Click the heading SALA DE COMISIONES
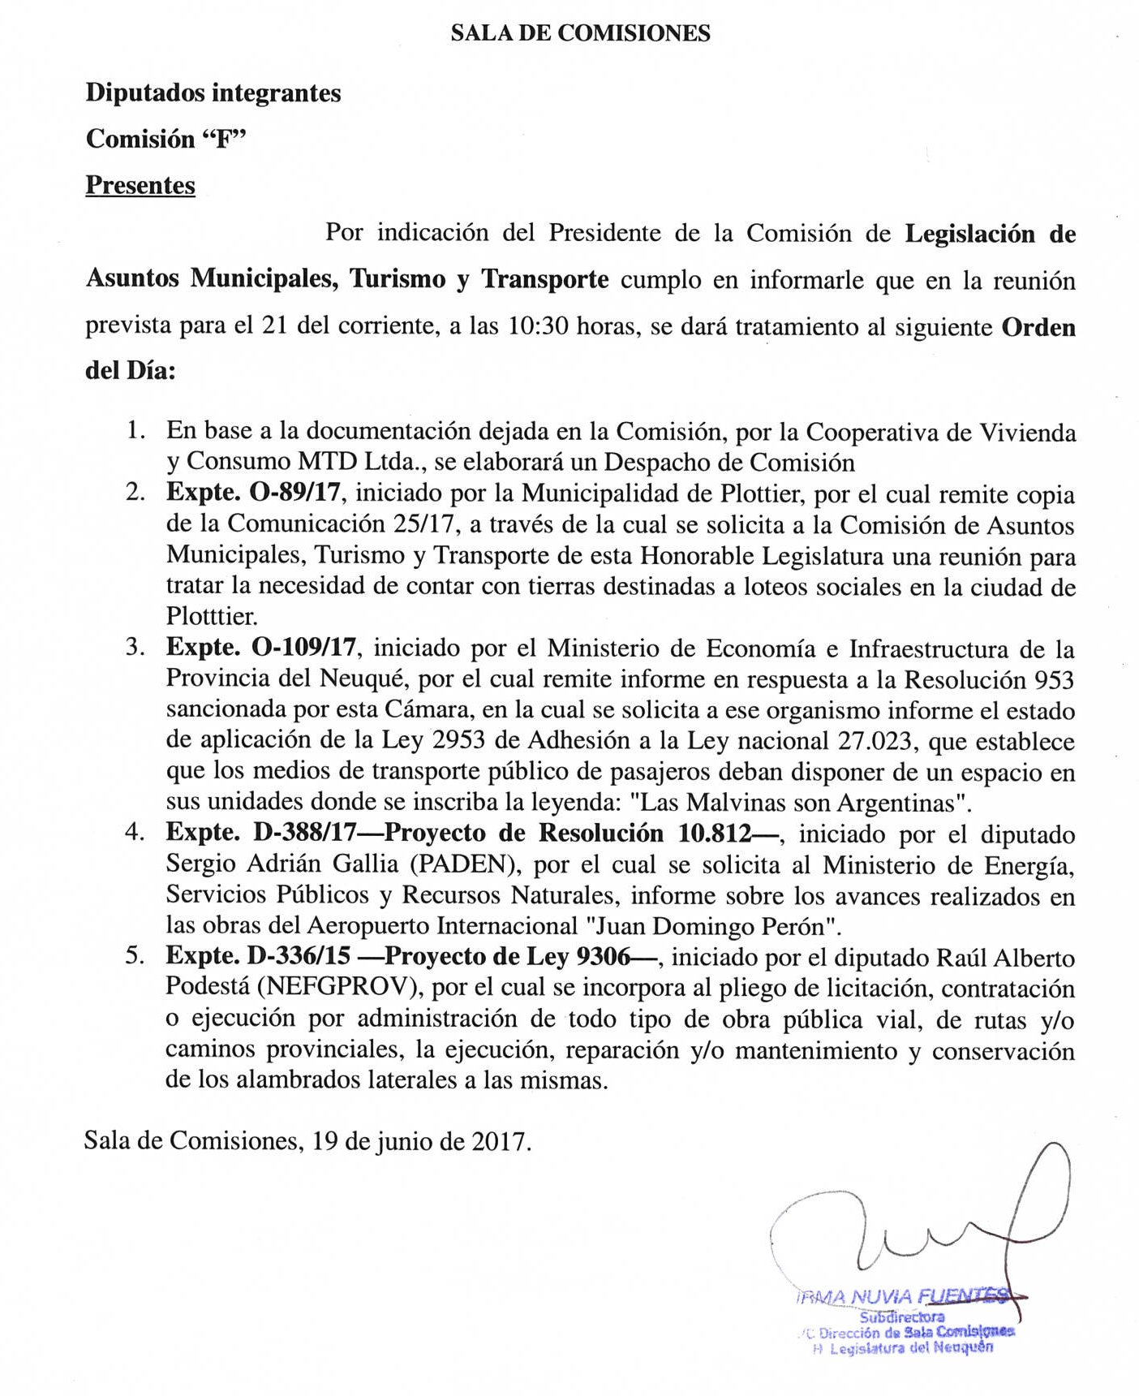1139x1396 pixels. (580, 33)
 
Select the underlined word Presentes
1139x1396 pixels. (140, 186)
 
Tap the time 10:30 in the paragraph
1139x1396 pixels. (536, 327)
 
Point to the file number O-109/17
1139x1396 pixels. (305, 648)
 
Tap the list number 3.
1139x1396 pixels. (135, 648)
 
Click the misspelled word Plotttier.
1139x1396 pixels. (212, 616)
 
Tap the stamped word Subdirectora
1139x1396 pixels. (901, 1316)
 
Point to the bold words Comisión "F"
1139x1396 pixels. (165, 140)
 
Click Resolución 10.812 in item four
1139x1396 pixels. (646, 834)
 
